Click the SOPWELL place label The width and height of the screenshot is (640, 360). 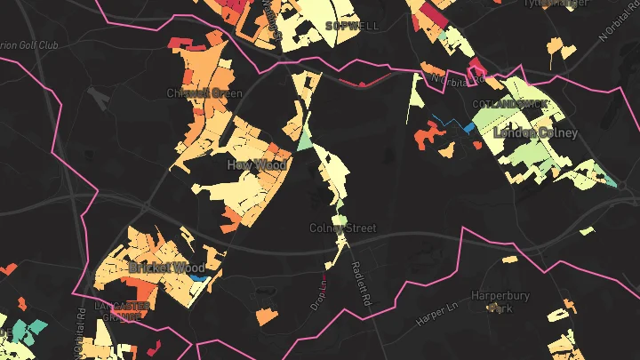(x=353, y=26)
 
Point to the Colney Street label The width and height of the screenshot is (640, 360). (x=343, y=228)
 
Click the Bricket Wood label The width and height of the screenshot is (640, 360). (x=166, y=267)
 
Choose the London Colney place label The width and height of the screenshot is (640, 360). (x=536, y=132)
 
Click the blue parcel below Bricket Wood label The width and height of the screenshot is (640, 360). (x=198, y=279)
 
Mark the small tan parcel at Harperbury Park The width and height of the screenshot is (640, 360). (x=491, y=308)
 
